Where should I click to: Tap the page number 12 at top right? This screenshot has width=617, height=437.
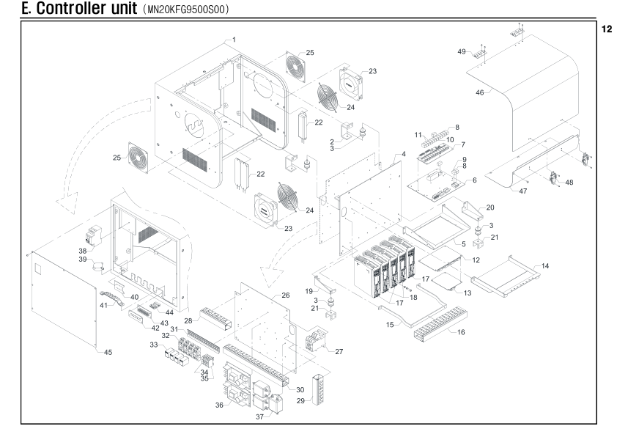click(607, 29)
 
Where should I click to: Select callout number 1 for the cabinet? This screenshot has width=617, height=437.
click(234, 40)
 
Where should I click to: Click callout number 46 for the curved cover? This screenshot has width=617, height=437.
click(480, 93)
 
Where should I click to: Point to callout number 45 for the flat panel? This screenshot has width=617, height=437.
click(108, 353)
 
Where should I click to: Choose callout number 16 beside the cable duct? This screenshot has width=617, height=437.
click(461, 332)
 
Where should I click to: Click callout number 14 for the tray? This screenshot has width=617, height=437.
click(545, 266)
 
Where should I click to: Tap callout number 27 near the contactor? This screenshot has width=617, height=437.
click(339, 351)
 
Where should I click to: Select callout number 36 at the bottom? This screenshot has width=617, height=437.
click(219, 405)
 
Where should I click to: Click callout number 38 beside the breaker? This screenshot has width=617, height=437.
click(83, 251)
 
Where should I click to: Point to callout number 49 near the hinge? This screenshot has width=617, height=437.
click(462, 51)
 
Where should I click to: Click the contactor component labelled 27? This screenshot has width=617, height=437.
click(315, 339)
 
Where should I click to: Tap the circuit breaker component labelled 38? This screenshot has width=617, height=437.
click(93, 235)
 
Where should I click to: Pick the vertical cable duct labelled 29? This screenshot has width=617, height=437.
click(317, 390)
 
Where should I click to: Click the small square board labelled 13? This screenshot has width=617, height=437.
click(446, 280)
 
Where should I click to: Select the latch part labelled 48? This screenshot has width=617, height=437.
click(555, 178)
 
